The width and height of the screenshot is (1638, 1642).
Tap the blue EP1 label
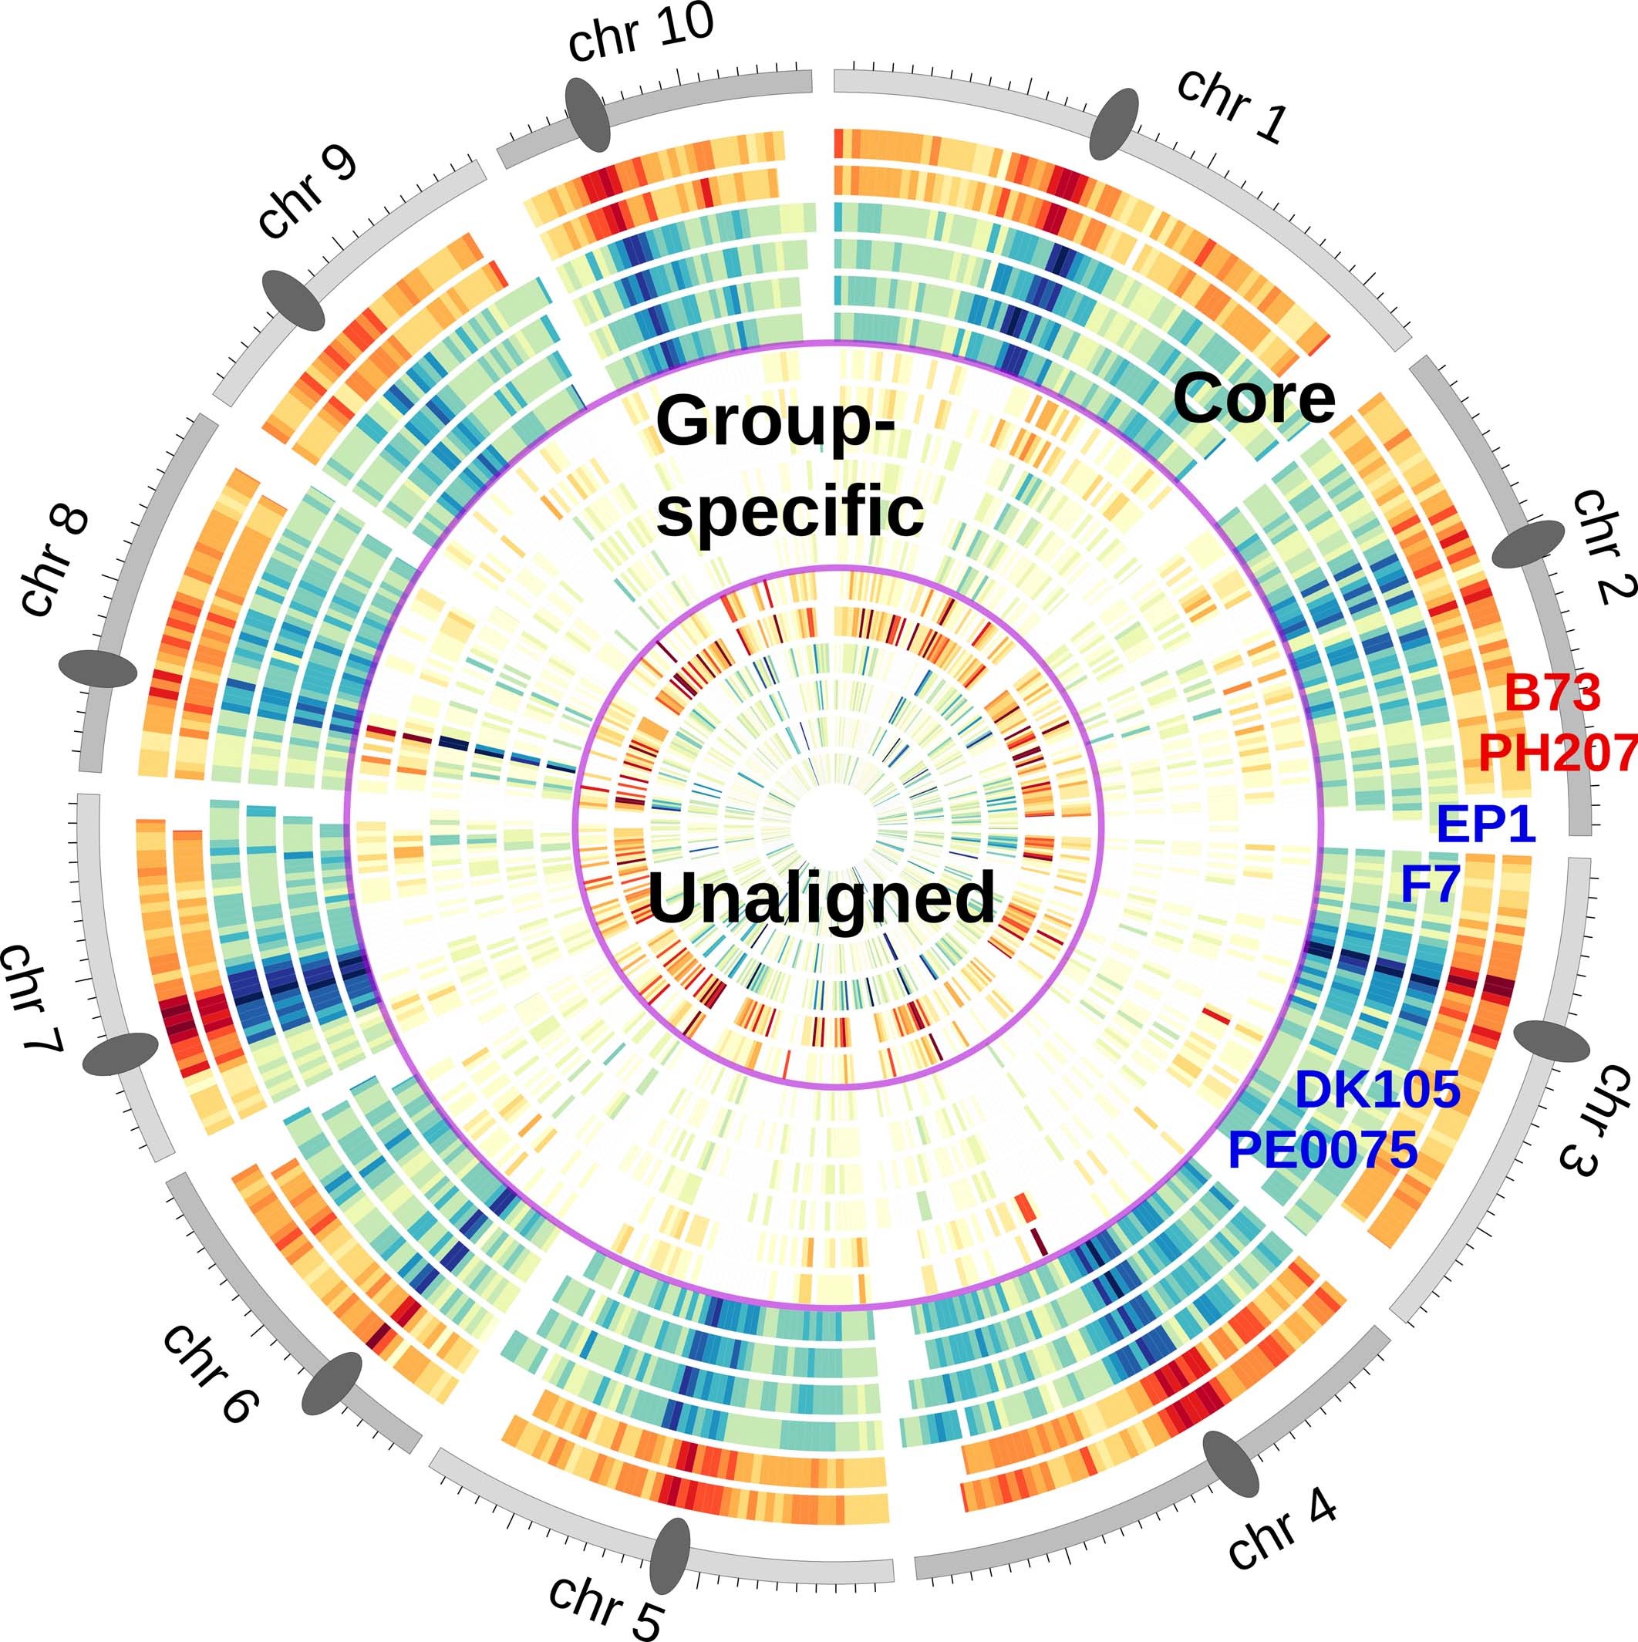[1486, 824]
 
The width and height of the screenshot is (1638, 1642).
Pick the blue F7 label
[1430, 886]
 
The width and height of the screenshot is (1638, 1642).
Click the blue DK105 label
[1377, 1090]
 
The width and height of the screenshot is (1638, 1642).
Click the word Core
[1254, 399]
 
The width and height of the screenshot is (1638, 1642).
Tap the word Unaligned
[821, 899]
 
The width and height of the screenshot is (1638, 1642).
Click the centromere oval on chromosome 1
[1114, 124]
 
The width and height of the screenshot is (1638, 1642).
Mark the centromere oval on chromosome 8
[98, 669]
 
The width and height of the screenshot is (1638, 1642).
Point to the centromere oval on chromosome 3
[1552, 1041]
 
